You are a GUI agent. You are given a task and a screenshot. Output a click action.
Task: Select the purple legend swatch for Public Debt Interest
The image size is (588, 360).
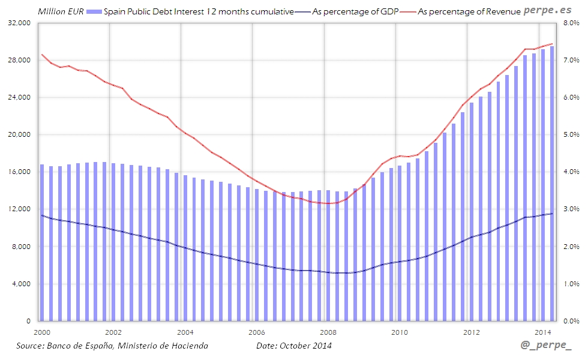pyautogui.click(x=94, y=11)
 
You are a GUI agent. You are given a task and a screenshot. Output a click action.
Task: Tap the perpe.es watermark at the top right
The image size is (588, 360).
pyautogui.click(x=548, y=10)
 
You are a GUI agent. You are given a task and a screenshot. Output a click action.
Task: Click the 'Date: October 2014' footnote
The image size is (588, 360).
pyautogui.click(x=294, y=346)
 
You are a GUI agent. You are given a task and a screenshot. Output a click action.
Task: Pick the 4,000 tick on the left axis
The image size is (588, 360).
pyautogui.click(x=23, y=284)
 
